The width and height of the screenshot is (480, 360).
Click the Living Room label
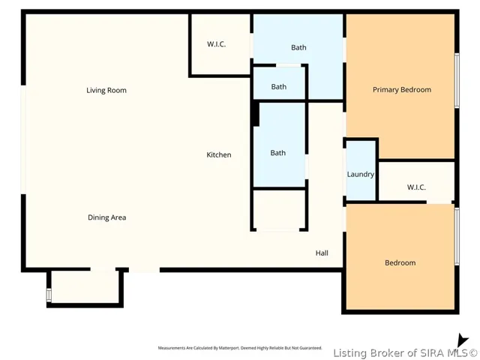(x=106, y=90)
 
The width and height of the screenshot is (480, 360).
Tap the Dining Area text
(x=106, y=217)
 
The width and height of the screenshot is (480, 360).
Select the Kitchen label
(x=219, y=154)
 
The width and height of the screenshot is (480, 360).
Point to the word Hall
(x=322, y=253)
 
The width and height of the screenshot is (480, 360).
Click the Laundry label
(x=361, y=174)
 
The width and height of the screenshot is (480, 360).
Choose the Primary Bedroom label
(x=402, y=90)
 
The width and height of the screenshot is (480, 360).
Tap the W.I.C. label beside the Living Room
(x=217, y=44)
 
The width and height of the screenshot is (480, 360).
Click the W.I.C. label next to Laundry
(x=416, y=187)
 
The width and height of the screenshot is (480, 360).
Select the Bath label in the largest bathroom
(x=298, y=47)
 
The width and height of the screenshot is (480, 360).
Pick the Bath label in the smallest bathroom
(x=279, y=87)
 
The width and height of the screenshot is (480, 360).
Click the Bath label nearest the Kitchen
(x=278, y=153)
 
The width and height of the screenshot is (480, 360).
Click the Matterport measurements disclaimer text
(x=240, y=348)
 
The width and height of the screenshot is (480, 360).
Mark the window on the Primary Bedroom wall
(x=457, y=80)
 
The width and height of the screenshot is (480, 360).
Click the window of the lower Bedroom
(x=457, y=236)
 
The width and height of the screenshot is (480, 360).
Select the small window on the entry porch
(x=49, y=295)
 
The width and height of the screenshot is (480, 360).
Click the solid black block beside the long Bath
(x=256, y=114)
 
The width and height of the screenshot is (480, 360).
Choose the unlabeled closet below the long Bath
(x=278, y=210)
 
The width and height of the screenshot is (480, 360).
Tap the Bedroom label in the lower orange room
(x=400, y=262)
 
